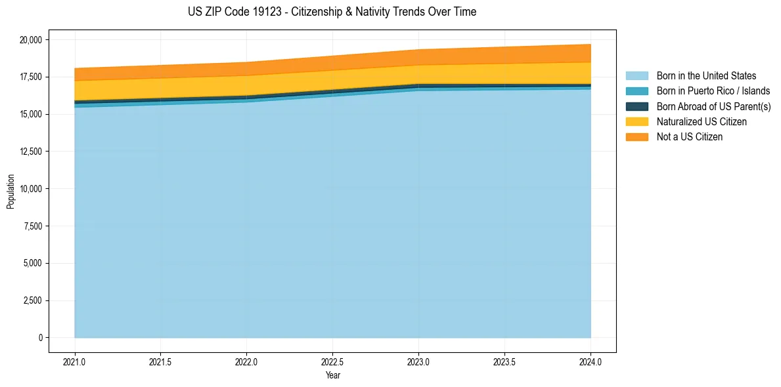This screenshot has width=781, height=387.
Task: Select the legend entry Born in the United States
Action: click(706, 76)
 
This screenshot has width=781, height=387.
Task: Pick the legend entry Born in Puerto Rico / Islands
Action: click(713, 91)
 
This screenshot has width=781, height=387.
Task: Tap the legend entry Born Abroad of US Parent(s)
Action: click(713, 106)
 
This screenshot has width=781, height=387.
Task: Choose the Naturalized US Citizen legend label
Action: click(702, 121)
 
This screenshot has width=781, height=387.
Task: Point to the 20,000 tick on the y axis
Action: click(32, 40)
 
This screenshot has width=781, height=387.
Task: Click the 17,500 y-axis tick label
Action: click(32, 77)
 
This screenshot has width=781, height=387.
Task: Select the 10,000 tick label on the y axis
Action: click(32, 189)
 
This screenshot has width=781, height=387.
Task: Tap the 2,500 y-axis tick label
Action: click(33, 300)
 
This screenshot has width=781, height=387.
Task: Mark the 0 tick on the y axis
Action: click(40, 338)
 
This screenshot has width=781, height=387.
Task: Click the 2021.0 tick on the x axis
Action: click(75, 361)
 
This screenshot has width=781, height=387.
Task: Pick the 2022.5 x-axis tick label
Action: click(332, 361)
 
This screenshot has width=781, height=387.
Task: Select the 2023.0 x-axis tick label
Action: click(418, 361)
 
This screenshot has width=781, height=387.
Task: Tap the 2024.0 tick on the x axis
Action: click(591, 361)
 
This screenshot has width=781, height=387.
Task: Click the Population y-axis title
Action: click(11, 192)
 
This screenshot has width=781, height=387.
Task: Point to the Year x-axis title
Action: click(332, 375)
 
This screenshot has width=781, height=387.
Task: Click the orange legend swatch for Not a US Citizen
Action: click(636, 136)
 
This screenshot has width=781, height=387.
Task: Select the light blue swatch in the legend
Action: click(636, 76)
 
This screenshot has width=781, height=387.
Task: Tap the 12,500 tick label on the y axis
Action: click(32, 152)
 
